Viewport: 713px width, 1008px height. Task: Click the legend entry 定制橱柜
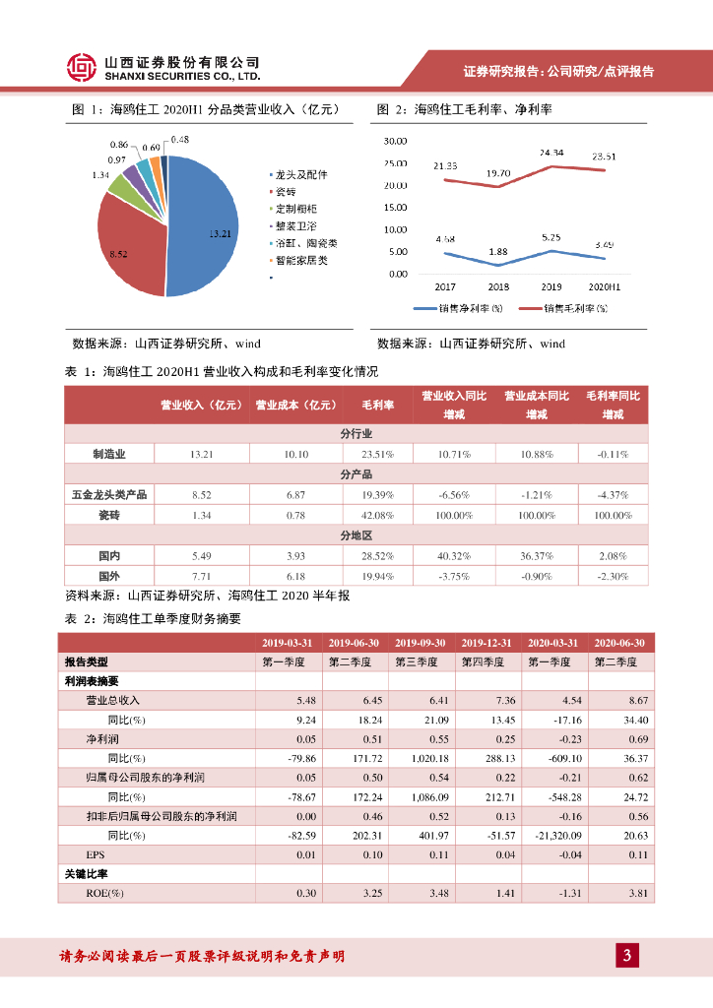coord(296,209)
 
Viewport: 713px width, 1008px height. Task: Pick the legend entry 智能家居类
coord(301,260)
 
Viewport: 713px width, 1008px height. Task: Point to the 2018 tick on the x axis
coord(499,286)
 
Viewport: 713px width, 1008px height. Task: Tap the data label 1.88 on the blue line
coord(499,250)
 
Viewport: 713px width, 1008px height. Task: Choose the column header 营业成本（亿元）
coord(295,404)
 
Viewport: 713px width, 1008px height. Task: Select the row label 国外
coord(109,574)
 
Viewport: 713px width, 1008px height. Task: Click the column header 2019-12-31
coord(486,643)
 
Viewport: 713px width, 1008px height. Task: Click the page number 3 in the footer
coord(627,956)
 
